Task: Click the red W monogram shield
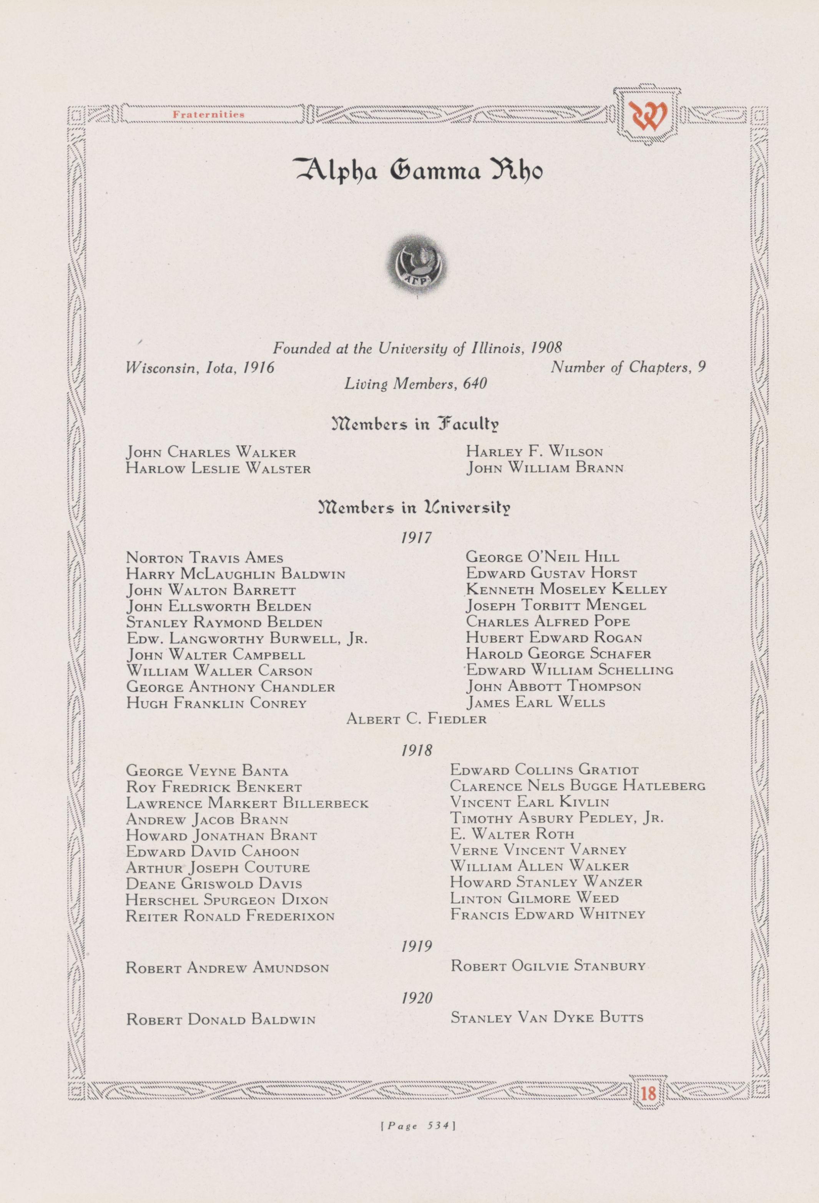648,116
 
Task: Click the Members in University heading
416,506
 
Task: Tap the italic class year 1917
416,538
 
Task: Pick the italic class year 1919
416,946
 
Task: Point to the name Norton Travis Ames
204,558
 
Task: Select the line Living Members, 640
416,384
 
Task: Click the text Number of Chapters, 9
628,367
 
